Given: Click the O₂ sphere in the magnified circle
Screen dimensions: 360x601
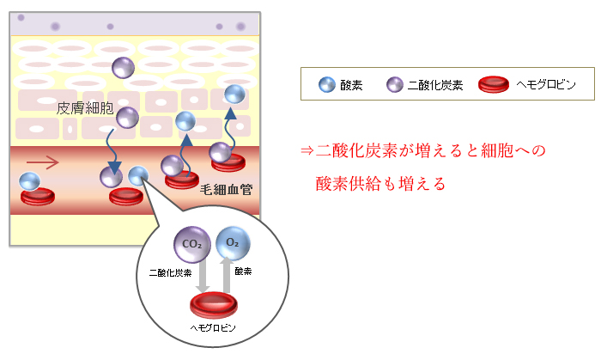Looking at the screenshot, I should (232, 245).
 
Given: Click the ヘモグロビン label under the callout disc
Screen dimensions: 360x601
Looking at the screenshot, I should (212, 329).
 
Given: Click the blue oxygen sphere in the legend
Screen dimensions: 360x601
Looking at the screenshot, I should (326, 84).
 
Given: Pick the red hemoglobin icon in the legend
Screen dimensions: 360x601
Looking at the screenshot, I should (495, 84).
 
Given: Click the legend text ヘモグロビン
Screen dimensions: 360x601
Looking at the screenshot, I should (543, 85).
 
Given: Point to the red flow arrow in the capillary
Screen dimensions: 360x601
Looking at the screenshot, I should (43, 160).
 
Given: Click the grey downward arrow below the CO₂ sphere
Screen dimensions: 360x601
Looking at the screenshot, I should (204, 276).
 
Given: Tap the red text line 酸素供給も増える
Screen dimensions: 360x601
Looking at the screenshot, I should (380, 184).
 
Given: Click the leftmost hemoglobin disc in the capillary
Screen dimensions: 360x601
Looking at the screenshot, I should (38, 196).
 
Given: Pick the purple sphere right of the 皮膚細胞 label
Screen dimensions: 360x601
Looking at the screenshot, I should (127, 118).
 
